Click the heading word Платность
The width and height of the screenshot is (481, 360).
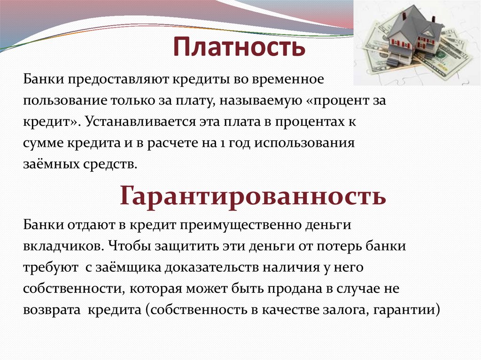click(240, 47)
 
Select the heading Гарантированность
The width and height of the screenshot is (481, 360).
click(253, 195)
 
